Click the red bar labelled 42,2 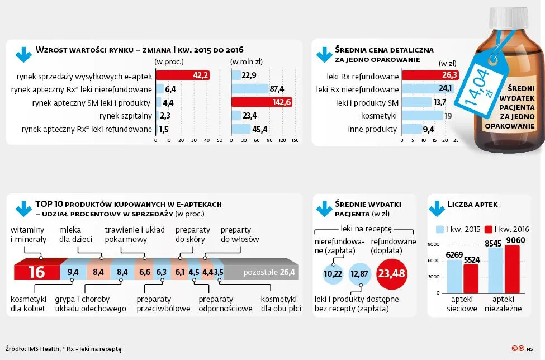point(182,75)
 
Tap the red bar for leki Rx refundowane point(430,75)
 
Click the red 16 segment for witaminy point(36,272)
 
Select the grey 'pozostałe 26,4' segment point(260,273)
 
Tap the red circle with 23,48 point(391,273)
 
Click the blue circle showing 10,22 point(333,274)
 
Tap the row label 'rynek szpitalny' point(126,116)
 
